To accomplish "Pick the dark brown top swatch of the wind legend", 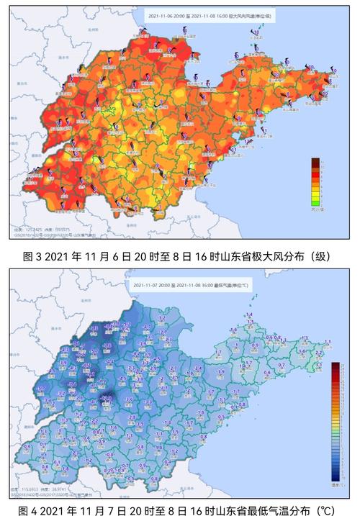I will (x=315, y=163).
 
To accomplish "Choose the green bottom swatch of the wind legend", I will (x=315, y=202).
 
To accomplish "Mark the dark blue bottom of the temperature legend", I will (x=336, y=477).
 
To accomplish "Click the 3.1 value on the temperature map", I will (x=318, y=364).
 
